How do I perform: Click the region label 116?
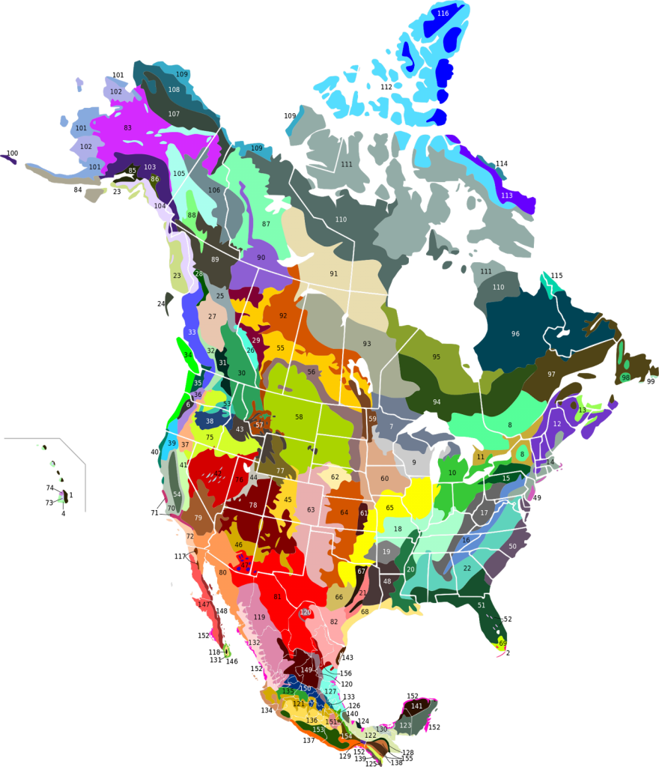click(443, 13)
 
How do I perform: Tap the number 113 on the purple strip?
click(507, 195)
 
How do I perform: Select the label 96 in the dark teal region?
click(515, 334)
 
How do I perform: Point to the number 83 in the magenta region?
click(127, 128)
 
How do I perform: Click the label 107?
click(174, 114)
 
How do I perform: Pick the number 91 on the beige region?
click(334, 273)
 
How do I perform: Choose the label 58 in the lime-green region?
click(299, 417)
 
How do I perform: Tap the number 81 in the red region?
click(277, 597)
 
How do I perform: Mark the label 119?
click(260, 617)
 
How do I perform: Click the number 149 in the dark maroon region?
click(306, 670)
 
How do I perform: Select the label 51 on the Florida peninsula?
click(482, 605)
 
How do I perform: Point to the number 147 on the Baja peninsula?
click(204, 604)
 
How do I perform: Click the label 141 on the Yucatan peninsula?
click(416, 706)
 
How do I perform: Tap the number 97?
click(551, 375)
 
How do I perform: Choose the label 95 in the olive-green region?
click(437, 357)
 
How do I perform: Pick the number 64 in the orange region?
click(344, 513)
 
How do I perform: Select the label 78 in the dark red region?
click(253, 506)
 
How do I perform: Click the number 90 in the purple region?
click(261, 258)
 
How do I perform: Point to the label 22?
click(467, 569)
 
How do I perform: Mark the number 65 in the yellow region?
click(389, 508)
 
